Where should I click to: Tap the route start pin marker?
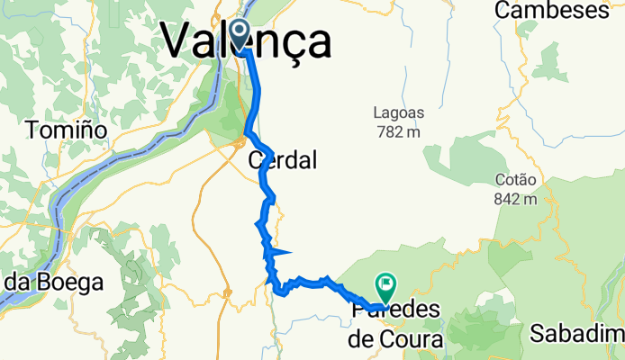coord(240,34)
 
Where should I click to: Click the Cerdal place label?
coord(283,161)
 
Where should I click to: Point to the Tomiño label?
coord(67,130)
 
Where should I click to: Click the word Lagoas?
coord(397,113)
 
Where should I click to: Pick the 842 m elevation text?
coord(516,198)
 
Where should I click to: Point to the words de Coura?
coord(396,339)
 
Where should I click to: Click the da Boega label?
coord(51,282)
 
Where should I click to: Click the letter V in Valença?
coord(177,41)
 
